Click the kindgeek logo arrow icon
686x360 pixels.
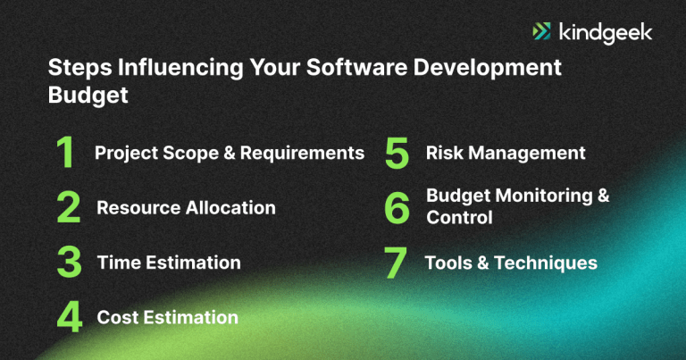(x=541, y=32)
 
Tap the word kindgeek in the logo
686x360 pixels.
(x=605, y=32)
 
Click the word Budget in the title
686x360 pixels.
(x=87, y=96)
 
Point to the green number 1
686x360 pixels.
(x=65, y=154)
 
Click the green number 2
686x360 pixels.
(x=68, y=208)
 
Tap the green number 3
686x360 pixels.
(x=68, y=263)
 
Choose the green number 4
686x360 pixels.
(x=69, y=317)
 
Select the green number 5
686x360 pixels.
(x=397, y=154)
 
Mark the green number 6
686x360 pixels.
(x=397, y=208)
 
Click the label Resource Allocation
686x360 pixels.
(x=186, y=208)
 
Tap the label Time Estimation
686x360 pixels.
(x=169, y=263)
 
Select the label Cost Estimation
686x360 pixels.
(x=167, y=317)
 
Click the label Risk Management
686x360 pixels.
(x=506, y=153)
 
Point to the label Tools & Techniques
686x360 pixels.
(x=511, y=263)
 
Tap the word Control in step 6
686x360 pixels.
(x=459, y=218)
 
